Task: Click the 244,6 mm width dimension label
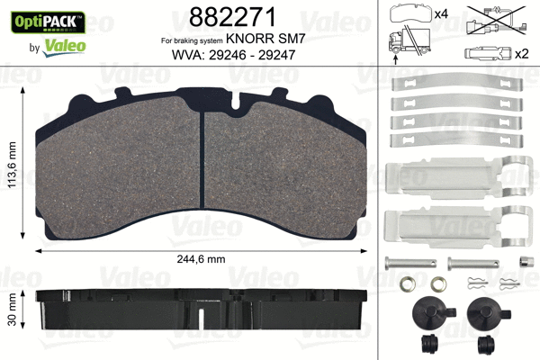(200, 259)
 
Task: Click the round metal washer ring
(409, 287)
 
